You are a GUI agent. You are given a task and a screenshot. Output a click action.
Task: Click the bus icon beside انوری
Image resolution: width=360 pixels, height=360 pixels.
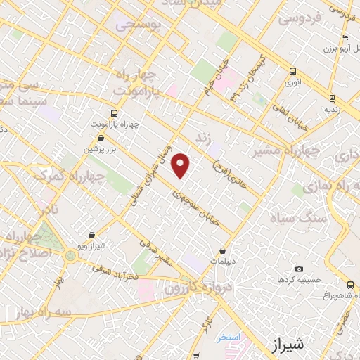coord(292,72)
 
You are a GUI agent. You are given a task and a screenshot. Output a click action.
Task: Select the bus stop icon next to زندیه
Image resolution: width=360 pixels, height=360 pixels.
coord(331,98)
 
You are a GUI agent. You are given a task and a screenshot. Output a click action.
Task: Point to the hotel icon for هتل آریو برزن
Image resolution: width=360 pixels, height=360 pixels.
coord(344,38)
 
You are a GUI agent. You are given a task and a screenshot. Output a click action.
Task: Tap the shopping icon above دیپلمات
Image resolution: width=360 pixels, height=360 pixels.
coord(223,250)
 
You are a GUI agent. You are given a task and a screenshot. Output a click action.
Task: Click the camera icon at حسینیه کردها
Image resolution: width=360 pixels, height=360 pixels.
coord(300,269)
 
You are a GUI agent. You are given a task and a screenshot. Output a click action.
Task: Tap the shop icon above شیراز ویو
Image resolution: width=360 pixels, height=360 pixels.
coord(91,236)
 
